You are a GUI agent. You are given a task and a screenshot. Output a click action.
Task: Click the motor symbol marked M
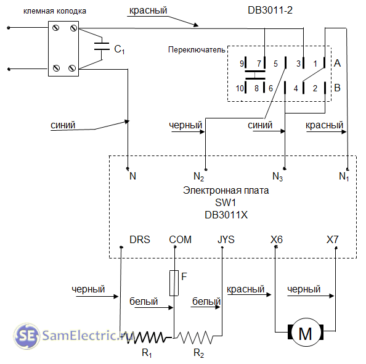[306, 332]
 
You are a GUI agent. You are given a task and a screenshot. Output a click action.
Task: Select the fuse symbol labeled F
[174, 283]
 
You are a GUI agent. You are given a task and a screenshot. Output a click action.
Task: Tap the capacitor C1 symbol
[102, 46]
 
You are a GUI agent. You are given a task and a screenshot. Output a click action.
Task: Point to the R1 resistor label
[147, 352]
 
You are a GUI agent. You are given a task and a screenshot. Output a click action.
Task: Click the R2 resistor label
[198, 352]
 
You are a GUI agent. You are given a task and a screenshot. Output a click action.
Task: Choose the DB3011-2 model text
[270, 10]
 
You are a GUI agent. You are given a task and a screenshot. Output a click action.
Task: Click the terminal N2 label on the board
[199, 176]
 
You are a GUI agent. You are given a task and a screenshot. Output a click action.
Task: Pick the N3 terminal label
[277, 176]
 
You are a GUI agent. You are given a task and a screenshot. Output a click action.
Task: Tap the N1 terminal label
[344, 176]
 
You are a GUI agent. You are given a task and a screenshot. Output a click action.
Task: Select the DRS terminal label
[140, 239]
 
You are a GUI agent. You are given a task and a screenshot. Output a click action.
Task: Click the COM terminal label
[180, 239]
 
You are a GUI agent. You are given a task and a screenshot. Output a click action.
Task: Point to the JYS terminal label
[226, 239]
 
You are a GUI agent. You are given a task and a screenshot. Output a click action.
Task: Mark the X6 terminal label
[277, 239]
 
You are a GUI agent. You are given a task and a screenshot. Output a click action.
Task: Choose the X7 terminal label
[332, 239]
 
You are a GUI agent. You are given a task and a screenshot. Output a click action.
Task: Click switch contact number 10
[240, 88]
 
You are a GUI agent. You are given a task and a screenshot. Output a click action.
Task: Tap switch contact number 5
[275, 64]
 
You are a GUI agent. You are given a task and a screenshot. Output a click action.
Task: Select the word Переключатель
[197, 50]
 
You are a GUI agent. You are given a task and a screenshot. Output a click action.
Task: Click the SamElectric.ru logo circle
[26, 336]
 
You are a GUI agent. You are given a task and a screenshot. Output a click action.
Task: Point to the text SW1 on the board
[226, 202]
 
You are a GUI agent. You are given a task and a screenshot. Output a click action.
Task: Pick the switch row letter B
[337, 88]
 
